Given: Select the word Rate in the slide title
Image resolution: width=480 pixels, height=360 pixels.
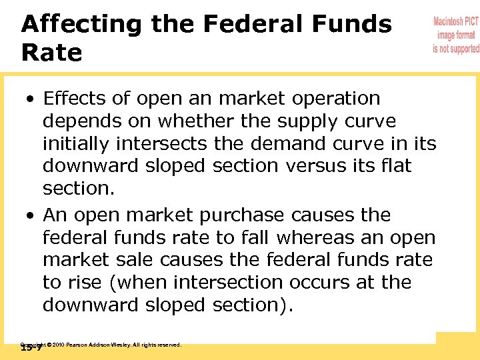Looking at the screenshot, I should (x=51, y=53).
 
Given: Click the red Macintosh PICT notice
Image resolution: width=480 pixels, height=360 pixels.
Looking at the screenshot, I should (x=455, y=35).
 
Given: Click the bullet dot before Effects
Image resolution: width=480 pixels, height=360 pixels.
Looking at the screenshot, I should (x=31, y=99).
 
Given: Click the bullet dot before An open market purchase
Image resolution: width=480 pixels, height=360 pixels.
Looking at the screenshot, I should (x=31, y=217).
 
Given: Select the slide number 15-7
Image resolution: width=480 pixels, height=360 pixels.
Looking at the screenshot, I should (x=31, y=347).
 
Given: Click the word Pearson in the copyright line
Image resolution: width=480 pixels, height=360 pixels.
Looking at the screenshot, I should (x=80, y=345).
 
